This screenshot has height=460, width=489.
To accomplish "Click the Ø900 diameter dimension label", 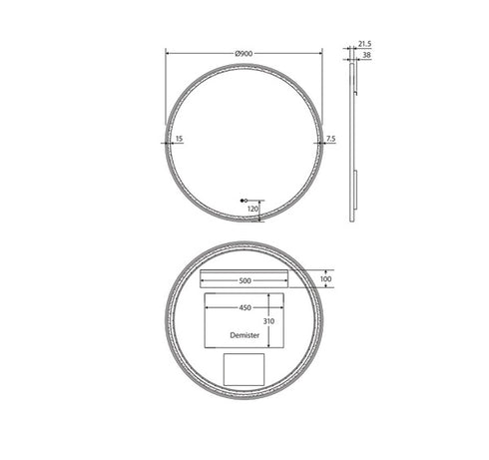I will pos(244,52).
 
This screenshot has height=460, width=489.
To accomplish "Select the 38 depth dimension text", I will pos(366,56).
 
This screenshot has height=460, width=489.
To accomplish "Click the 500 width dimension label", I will pos(244,280).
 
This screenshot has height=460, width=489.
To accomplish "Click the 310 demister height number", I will pos(267,322).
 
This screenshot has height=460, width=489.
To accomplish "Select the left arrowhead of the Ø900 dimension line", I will pos(167,52).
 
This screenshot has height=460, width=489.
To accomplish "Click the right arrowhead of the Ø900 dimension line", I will pos(321,52).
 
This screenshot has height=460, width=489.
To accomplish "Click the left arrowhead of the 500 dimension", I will pos(203,280).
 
